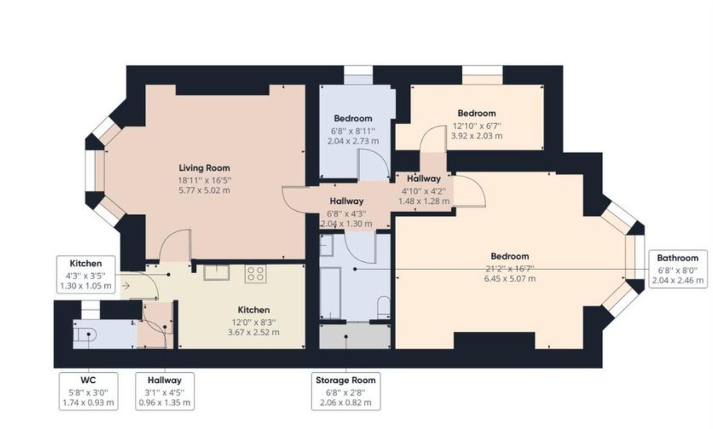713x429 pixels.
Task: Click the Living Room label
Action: [204, 168]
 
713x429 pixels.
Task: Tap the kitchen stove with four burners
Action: [255, 273]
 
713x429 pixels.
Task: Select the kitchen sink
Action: [216, 272]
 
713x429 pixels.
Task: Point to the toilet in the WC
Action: [83, 335]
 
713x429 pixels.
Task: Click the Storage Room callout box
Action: [346, 392]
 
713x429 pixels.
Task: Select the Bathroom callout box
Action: [677, 269]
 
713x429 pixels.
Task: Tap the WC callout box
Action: [88, 391]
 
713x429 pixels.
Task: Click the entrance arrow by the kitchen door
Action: [126, 285]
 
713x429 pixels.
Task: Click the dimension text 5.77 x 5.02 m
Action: [204, 190]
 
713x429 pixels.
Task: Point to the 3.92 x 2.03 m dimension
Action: [476, 136]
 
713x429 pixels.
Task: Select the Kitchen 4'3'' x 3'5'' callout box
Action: [86, 274]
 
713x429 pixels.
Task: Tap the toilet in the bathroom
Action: [383, 307]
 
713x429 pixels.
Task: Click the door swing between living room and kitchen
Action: [175, 245]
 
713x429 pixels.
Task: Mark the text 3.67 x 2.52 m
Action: [253, 332]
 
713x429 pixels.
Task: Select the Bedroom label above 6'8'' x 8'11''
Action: [353, 119]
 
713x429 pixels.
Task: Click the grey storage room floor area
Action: [355, 337]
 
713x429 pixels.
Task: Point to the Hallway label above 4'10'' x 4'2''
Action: [423, 179]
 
